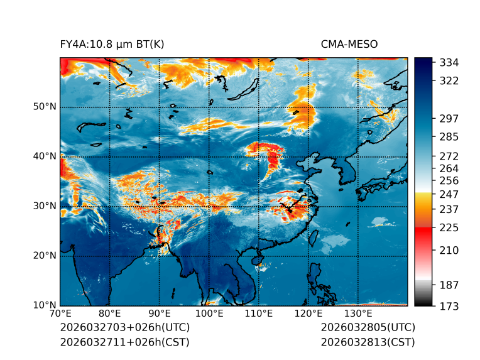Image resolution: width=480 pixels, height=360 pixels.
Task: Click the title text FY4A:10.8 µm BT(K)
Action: (112, 44)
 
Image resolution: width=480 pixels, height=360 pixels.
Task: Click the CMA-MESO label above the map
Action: (349, 44)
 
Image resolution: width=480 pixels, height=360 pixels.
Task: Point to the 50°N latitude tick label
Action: (45, 106)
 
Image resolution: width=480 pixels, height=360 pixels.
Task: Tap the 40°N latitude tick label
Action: (45, 156)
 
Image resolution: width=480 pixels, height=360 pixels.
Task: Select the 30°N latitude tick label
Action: (45, 205)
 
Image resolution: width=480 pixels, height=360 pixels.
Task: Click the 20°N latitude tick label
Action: (45, 255)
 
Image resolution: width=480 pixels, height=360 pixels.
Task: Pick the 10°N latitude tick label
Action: (45, 305)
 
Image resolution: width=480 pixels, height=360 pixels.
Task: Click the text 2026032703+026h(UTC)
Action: (124, 327)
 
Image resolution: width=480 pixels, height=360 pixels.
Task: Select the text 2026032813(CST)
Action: (368, 342)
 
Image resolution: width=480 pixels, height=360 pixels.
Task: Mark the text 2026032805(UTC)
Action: (368, 327)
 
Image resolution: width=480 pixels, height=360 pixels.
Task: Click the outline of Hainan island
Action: (256, 259)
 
